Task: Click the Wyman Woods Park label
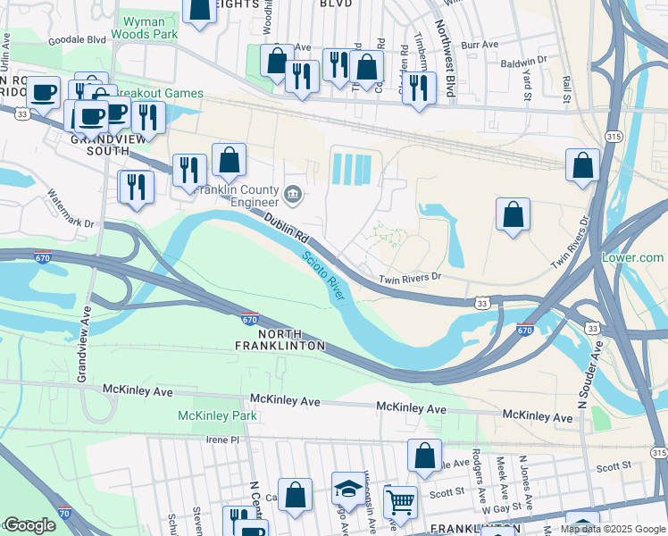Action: pos(138,28)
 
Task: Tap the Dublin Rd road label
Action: pos(286,229)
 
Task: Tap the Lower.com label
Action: pos(632,257)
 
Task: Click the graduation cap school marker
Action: pos(347,487)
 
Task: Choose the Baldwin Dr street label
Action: pos(523,63)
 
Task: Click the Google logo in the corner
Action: pos(29,525)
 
